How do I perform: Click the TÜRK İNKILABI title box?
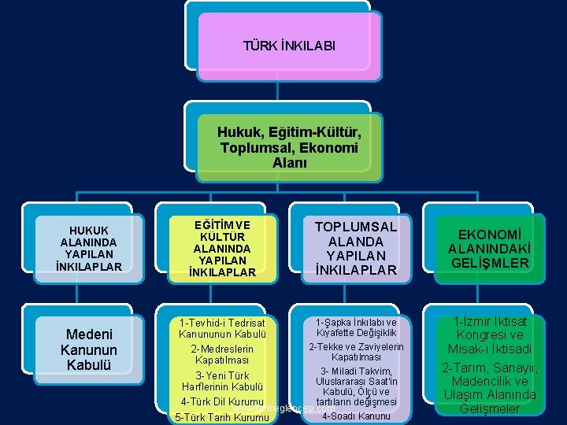[289, 46]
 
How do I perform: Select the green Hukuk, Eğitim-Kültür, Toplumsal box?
[289, 140]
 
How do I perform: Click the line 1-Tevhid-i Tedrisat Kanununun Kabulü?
[222, 329]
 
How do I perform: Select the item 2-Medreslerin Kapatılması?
[222, 354]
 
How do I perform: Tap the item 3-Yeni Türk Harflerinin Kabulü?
[222, 381]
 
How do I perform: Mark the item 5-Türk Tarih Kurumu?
[221, 417]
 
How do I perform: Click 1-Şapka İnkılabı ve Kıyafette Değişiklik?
[356, 327]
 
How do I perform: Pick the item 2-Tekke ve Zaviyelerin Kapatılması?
[356, 352]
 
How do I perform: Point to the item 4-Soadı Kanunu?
[356, 416]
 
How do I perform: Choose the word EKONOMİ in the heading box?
[489, 235]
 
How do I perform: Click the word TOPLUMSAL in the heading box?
[356, 227]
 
